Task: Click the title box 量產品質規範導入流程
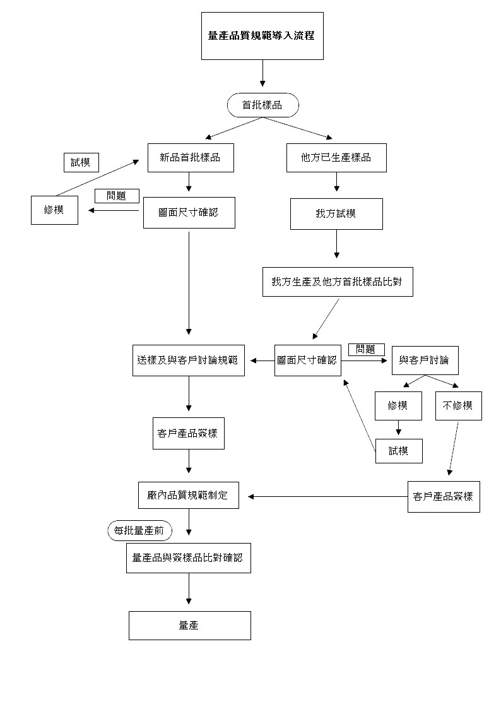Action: point(262,36)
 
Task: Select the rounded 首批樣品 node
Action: point(262,105)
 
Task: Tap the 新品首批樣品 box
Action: point(190,158)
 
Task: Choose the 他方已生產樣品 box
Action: point(336,158)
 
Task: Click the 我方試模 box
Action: point(336,214)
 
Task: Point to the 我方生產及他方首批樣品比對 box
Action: point(338,282)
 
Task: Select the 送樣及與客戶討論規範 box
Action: point(189,360)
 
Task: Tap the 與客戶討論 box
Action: point(425,360)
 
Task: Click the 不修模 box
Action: point(458,406)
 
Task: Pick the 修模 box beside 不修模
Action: point(398,406)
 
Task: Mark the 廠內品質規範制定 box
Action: point(189,496)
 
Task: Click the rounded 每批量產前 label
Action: point(139,532)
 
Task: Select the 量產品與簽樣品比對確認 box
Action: point(188,558)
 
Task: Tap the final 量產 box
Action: point(189,626)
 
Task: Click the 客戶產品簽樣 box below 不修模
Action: point(444,496)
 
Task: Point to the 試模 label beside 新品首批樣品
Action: point(81,162)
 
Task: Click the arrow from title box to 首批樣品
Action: point(262,74)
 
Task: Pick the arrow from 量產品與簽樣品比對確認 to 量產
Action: point(189,592)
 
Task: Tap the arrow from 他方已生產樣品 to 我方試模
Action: point(336,182)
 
